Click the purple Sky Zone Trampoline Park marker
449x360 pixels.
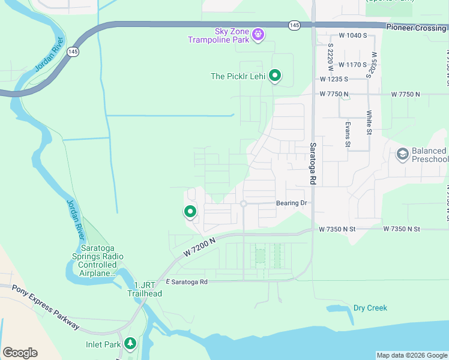coord(258,34)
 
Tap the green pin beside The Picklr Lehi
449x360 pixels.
coord(275,76)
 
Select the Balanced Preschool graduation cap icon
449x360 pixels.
coord(402,155)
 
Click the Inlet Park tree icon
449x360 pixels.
coord(130,344)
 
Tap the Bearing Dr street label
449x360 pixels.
coord(292,203)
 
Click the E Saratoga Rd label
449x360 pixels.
coord(187,281)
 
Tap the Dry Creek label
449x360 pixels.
coord(370,308)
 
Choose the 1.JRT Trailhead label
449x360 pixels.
coord(144,289)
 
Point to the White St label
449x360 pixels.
coord(369,122)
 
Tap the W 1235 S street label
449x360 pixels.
coord(334,79)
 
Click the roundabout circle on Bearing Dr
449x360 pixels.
coord(244,204)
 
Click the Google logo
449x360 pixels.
coord(20,353)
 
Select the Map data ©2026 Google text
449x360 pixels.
coord(412,355)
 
